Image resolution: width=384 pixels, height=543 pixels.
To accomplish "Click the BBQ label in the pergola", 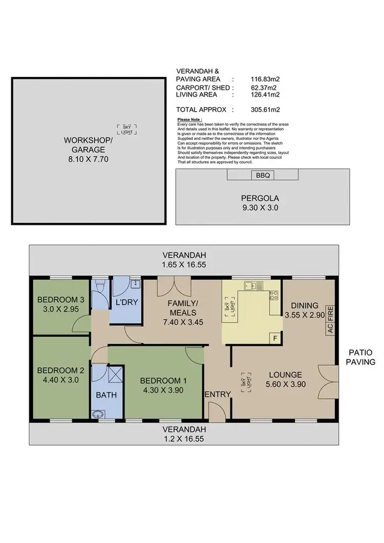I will [x=263, y=175].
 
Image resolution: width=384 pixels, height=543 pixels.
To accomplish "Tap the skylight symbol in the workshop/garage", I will [x=126, y=128].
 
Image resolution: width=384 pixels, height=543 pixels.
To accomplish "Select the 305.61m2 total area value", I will [x=264, y=109].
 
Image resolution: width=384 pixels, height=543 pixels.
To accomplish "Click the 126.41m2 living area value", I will [x=264, y=94].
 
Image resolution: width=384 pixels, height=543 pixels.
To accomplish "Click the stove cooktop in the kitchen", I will [x=274, y=295].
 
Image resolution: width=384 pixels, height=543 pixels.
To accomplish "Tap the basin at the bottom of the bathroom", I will [x=98, y=414].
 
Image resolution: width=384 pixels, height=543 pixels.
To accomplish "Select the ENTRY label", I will [x=218, y=394].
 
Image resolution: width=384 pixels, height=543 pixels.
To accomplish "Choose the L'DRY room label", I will [x=126, y=302].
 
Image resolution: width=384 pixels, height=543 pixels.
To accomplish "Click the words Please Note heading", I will [x=190, y=119].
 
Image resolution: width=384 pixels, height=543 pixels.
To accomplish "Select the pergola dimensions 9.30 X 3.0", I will [x=262, y=208].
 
